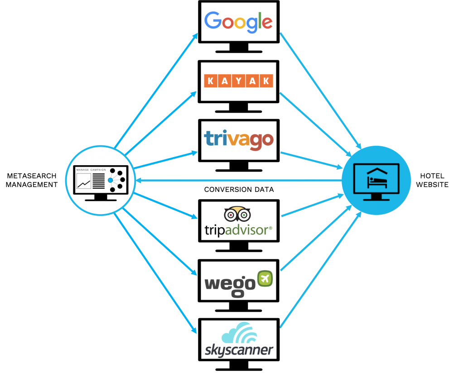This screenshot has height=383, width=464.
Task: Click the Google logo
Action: click(238, 22)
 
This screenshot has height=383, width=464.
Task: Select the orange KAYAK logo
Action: click(238, 81)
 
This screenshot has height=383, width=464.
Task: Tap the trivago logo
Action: click(239, 139)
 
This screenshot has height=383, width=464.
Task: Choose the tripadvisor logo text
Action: click(239, 230)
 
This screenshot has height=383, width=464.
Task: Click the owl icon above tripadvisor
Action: click(237, 214)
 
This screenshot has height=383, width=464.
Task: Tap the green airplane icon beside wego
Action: click(265, 278)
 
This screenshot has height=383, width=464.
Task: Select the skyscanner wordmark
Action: click(238, 350)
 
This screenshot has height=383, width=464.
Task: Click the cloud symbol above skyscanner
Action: click(239, 333)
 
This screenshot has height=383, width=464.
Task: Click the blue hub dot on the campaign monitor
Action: click(110, 180)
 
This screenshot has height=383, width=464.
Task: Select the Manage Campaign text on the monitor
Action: click(91, 170)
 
